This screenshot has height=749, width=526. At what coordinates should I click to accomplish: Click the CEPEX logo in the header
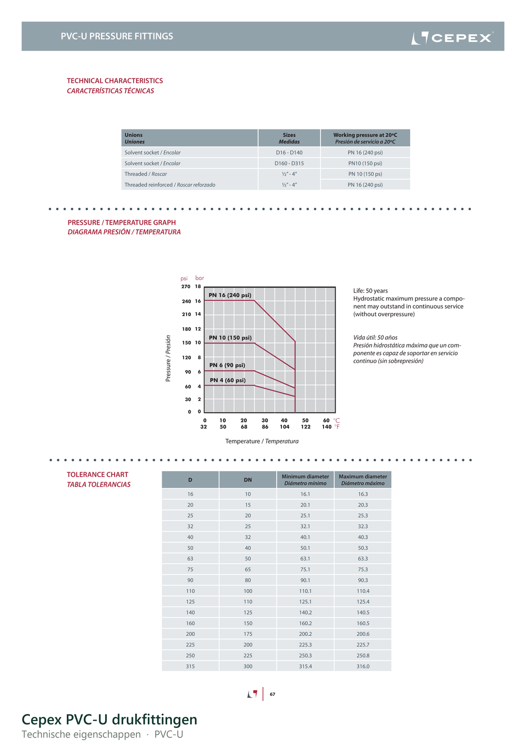[452, 38]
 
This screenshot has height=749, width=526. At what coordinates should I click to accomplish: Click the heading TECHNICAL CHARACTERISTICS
[115, 80]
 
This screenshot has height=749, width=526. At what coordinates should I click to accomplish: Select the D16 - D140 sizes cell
[289, 153]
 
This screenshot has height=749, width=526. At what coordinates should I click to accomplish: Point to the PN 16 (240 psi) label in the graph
[230, 295]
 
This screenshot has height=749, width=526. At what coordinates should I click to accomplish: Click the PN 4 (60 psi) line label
[227, 380]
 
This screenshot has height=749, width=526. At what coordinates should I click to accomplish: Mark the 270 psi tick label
[186, 287]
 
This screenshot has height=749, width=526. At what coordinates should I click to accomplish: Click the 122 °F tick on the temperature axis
[305, 427]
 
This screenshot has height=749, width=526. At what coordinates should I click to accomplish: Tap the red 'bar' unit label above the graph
[200, 278]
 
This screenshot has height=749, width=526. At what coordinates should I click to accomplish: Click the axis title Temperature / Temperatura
[262, 441]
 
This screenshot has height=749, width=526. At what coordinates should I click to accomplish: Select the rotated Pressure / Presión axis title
[168, 358]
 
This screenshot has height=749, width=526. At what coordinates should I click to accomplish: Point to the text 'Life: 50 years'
[370, 290]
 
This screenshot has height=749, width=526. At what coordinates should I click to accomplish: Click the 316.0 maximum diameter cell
[362, 666]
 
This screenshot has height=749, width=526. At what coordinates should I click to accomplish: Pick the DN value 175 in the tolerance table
[248, 634]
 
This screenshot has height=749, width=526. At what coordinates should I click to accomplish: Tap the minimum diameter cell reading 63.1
[305, 559]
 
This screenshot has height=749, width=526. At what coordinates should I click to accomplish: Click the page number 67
[272, 694]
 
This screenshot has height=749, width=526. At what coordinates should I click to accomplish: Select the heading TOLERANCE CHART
[98, 474]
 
